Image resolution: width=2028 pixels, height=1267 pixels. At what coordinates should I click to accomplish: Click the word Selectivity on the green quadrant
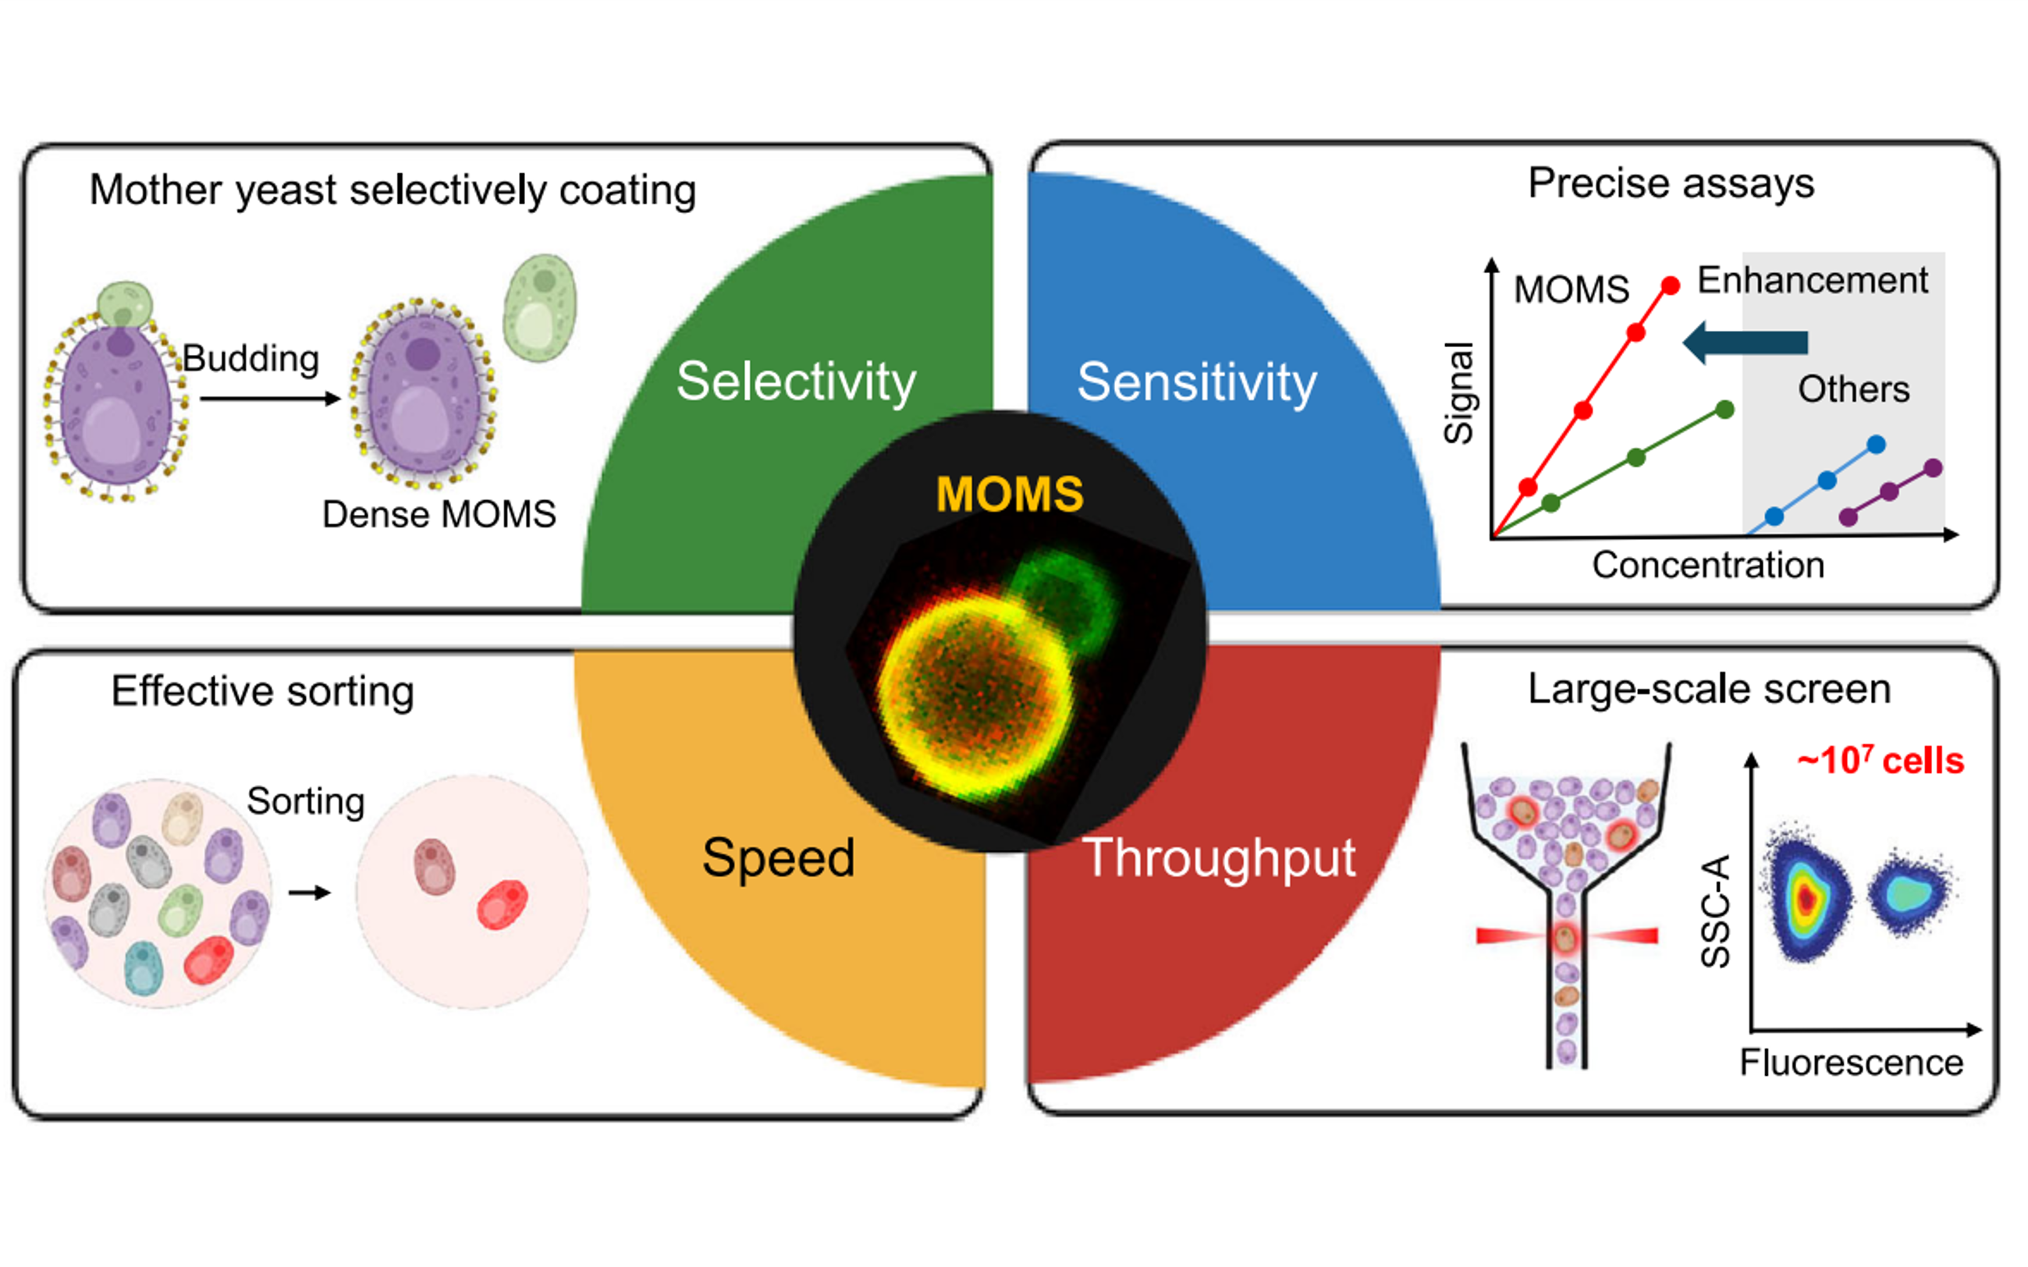click(795, 382)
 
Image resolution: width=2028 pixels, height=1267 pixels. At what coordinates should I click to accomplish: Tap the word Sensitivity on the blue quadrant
click(1197, 382)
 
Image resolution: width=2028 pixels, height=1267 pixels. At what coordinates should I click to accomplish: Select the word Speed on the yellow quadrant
click(779, 857)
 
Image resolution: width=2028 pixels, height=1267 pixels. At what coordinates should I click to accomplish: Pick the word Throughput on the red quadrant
click(1220, 857)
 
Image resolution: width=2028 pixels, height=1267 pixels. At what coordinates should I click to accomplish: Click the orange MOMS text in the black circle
click(1009, 494)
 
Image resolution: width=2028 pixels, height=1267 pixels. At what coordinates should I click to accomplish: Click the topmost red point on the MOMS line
click(1670, 286)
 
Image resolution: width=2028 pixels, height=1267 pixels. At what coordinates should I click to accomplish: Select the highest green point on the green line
click(1724, 409)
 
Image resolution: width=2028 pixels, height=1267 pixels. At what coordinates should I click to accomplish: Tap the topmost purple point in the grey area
click(1934, 468)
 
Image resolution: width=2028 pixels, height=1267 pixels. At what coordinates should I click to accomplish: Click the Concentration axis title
click(1708, 566)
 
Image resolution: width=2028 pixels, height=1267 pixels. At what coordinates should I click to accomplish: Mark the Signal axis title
click(1458, 392)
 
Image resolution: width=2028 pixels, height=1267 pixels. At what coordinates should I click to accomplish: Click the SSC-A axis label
click(1714, 912)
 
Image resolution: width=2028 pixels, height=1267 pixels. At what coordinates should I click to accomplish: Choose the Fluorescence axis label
click(1851, 1063)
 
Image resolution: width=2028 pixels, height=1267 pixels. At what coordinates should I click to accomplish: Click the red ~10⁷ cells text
click(1880, 761)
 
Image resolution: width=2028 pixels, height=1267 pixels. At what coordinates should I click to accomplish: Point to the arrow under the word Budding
click(270, 399)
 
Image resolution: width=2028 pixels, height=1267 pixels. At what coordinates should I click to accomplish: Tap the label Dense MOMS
click(439, 514)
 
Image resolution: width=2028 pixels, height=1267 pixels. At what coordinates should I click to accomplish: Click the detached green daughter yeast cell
click(540, 307)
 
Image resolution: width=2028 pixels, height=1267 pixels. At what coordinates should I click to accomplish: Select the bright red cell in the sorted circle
click(502, 904)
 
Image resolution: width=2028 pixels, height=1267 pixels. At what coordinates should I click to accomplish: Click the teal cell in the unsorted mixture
click(144, 968)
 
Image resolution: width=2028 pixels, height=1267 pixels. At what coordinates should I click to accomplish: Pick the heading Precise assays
click(1670, 183)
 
